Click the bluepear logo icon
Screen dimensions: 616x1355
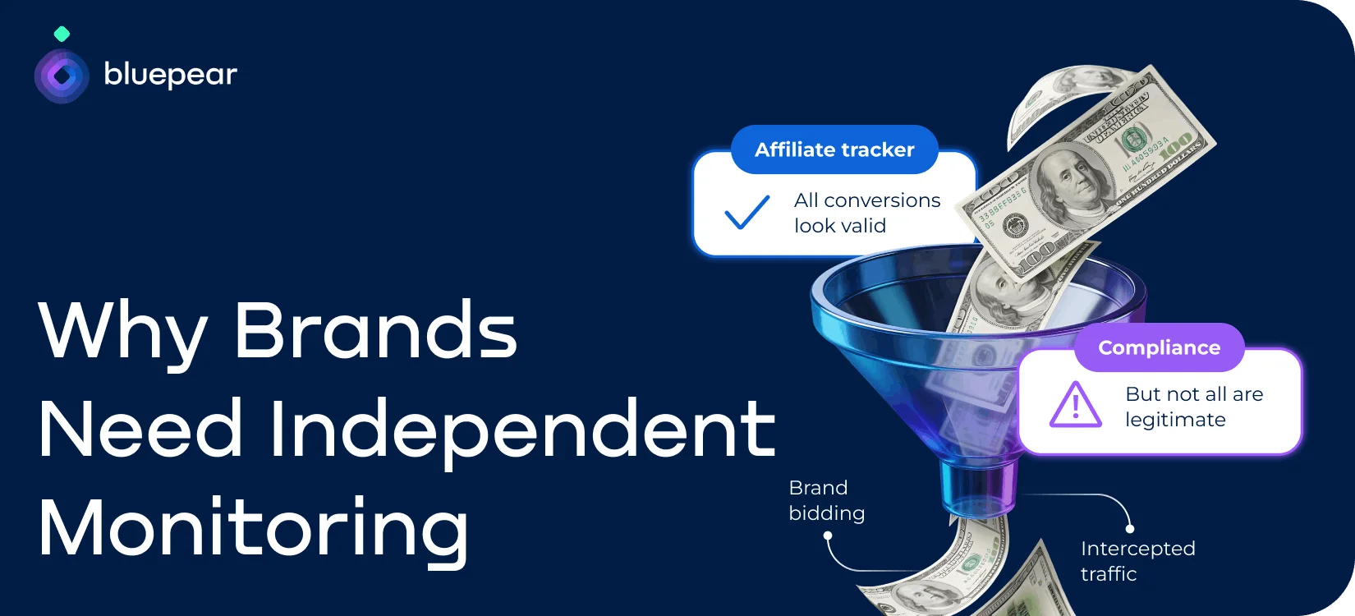point(62,76)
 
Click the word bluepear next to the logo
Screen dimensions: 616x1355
point(170,76)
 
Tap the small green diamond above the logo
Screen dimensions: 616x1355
point(62,34)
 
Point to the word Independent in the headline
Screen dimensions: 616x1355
point(522,430)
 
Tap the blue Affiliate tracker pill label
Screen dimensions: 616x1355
point(834,149)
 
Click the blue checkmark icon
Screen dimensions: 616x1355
point(746,212)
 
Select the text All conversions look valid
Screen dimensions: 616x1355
point(866,213)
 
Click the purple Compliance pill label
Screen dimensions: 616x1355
point(1159,347)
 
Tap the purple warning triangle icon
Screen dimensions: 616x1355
point(1075,405)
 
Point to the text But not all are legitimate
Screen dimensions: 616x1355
point(1193,407)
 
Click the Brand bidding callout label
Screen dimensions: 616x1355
point(826,500)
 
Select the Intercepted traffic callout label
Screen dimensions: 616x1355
point(1137,561)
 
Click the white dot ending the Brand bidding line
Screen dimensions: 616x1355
point(828,536)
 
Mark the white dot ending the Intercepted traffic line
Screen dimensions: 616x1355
point(1130,528)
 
